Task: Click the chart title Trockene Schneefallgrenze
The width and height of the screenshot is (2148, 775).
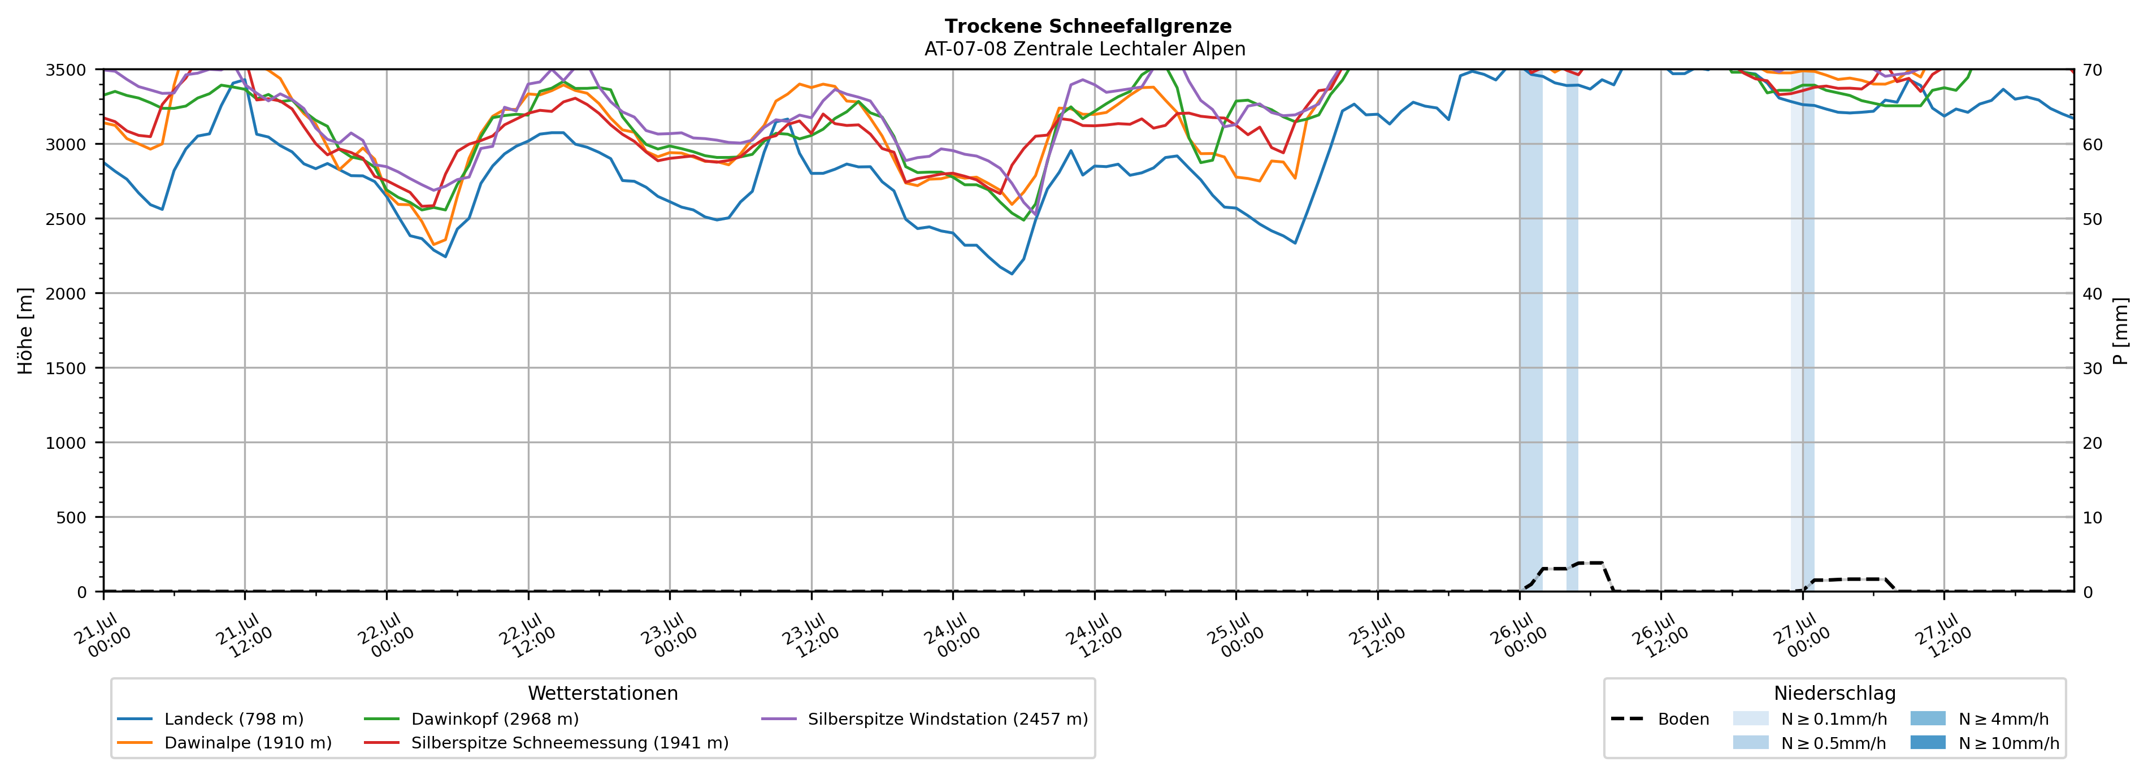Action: pyautogui.click(x=1087, y=27)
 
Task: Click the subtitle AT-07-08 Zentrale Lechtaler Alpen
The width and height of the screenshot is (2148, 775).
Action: pyautogui.click(x=1085, y=49)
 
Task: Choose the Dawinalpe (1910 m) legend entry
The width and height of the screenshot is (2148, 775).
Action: pyautogui.click(x=224, y=742)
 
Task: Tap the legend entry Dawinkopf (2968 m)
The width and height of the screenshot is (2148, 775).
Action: pyautogui.click(x=471, y=719)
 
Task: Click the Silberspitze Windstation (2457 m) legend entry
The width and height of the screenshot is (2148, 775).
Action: pyautogui.click(x=925, y=719)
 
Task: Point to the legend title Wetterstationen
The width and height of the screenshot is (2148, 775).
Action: pyautogui.click(x=603, y=693)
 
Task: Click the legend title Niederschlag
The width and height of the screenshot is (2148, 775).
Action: pyautogui.click(x=1834, y=693)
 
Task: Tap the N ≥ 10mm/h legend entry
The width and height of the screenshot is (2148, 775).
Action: pyautogui.click(x=1985, y=742)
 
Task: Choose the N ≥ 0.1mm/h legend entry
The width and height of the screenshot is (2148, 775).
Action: pyautogui.click(x=1809, y=719)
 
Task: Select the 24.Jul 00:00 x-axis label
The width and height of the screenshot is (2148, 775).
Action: pyautogui.click(x=951, y=636)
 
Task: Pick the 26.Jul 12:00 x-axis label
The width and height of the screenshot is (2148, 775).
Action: pyautogui.click(x=1659, y=636)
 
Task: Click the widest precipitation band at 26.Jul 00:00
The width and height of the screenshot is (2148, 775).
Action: pyautogui.click(x=1531, y=330)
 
